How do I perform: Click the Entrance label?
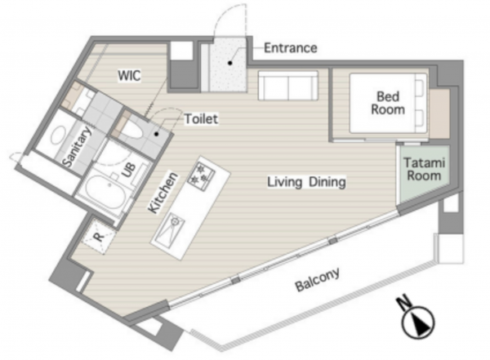click(290, 48)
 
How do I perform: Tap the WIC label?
click(129, 76)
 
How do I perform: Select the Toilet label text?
click(201, 118)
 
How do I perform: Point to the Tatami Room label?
click(424, 169)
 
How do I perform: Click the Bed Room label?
click(388, 103)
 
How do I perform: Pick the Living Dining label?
click(306, 182)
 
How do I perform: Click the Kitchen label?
click(163, 193)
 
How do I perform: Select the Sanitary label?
click(78, 146)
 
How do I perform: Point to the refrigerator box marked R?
click(99, 236)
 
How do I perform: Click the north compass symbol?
click(418, 322)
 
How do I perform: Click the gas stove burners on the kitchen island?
click(201, 175)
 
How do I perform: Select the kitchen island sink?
click(168, 229)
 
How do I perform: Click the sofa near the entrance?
click(287, 86)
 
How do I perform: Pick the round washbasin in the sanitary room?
click(59, 135)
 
